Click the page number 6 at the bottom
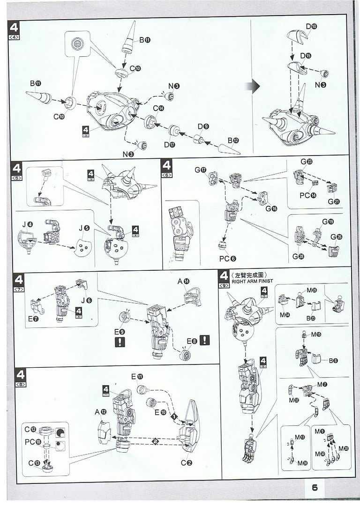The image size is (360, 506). click(x=315, y=487)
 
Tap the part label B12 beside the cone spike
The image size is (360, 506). click(x=233, y=141)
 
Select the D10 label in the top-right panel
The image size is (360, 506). click(x=311, y=26)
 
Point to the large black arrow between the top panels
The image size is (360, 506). click(x=255, y=86)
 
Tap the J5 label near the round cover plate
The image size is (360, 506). click(x=84, y=228)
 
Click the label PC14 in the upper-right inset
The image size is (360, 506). click(x=308, y=194)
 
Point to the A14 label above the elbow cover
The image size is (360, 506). click(x=183, y=282)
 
